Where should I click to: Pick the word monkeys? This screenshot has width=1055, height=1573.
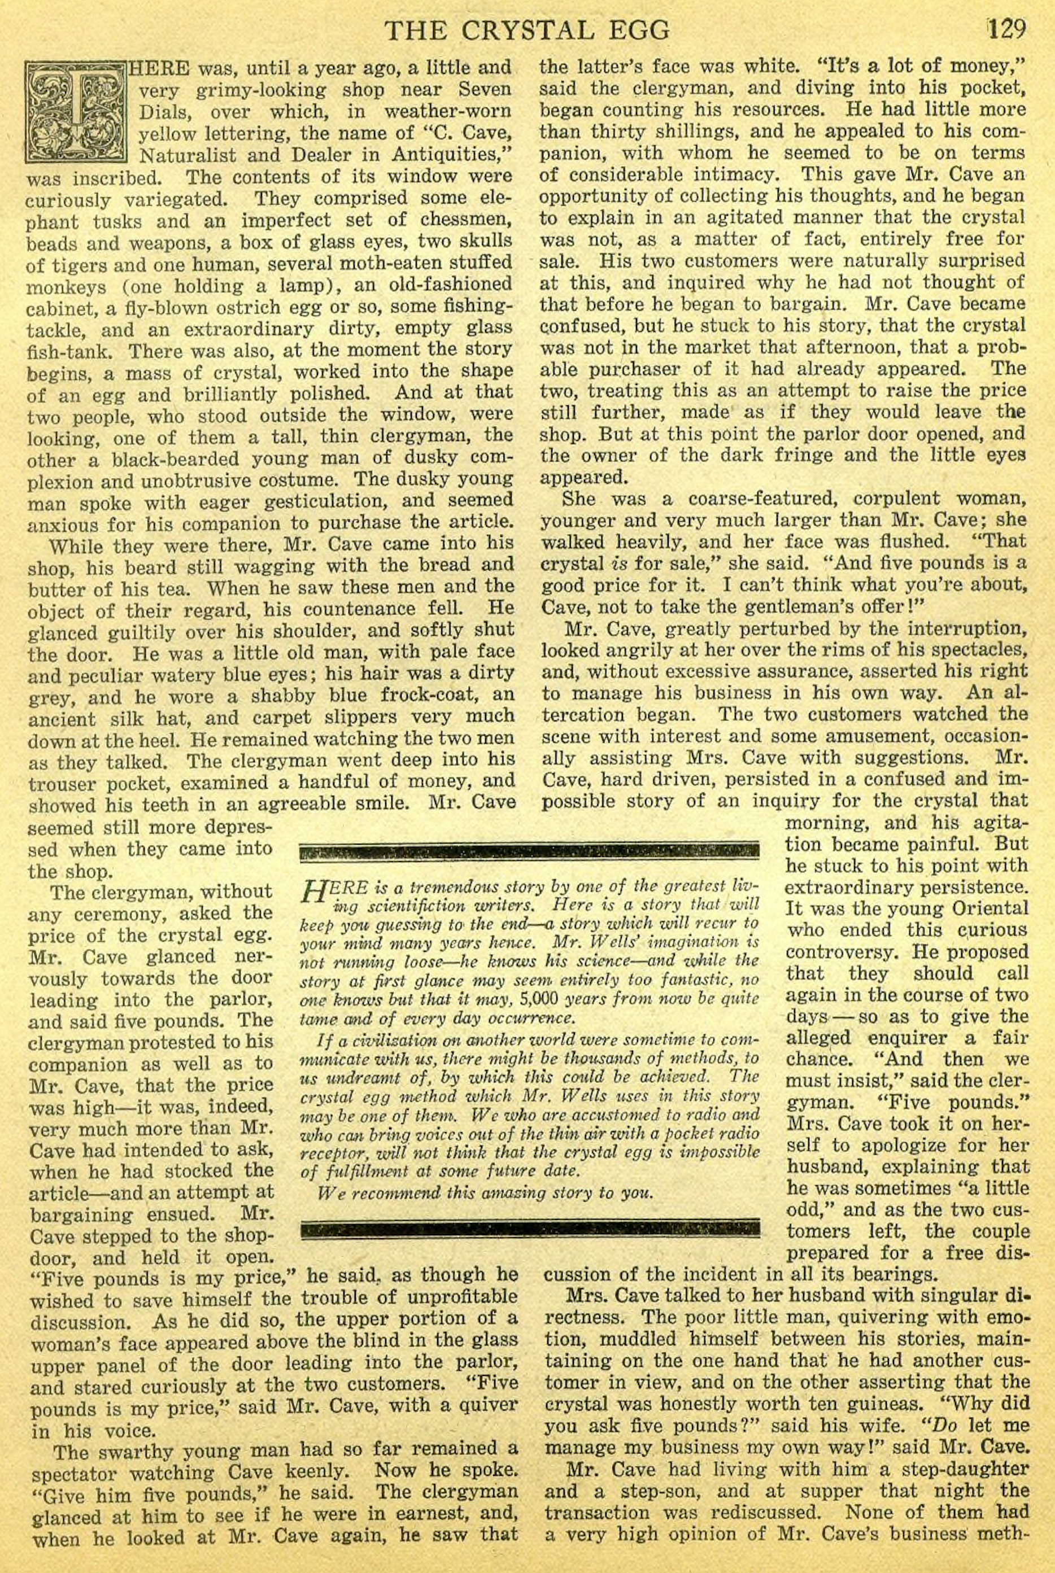coord(66,287)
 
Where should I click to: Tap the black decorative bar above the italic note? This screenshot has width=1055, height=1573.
coord(529,850)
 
